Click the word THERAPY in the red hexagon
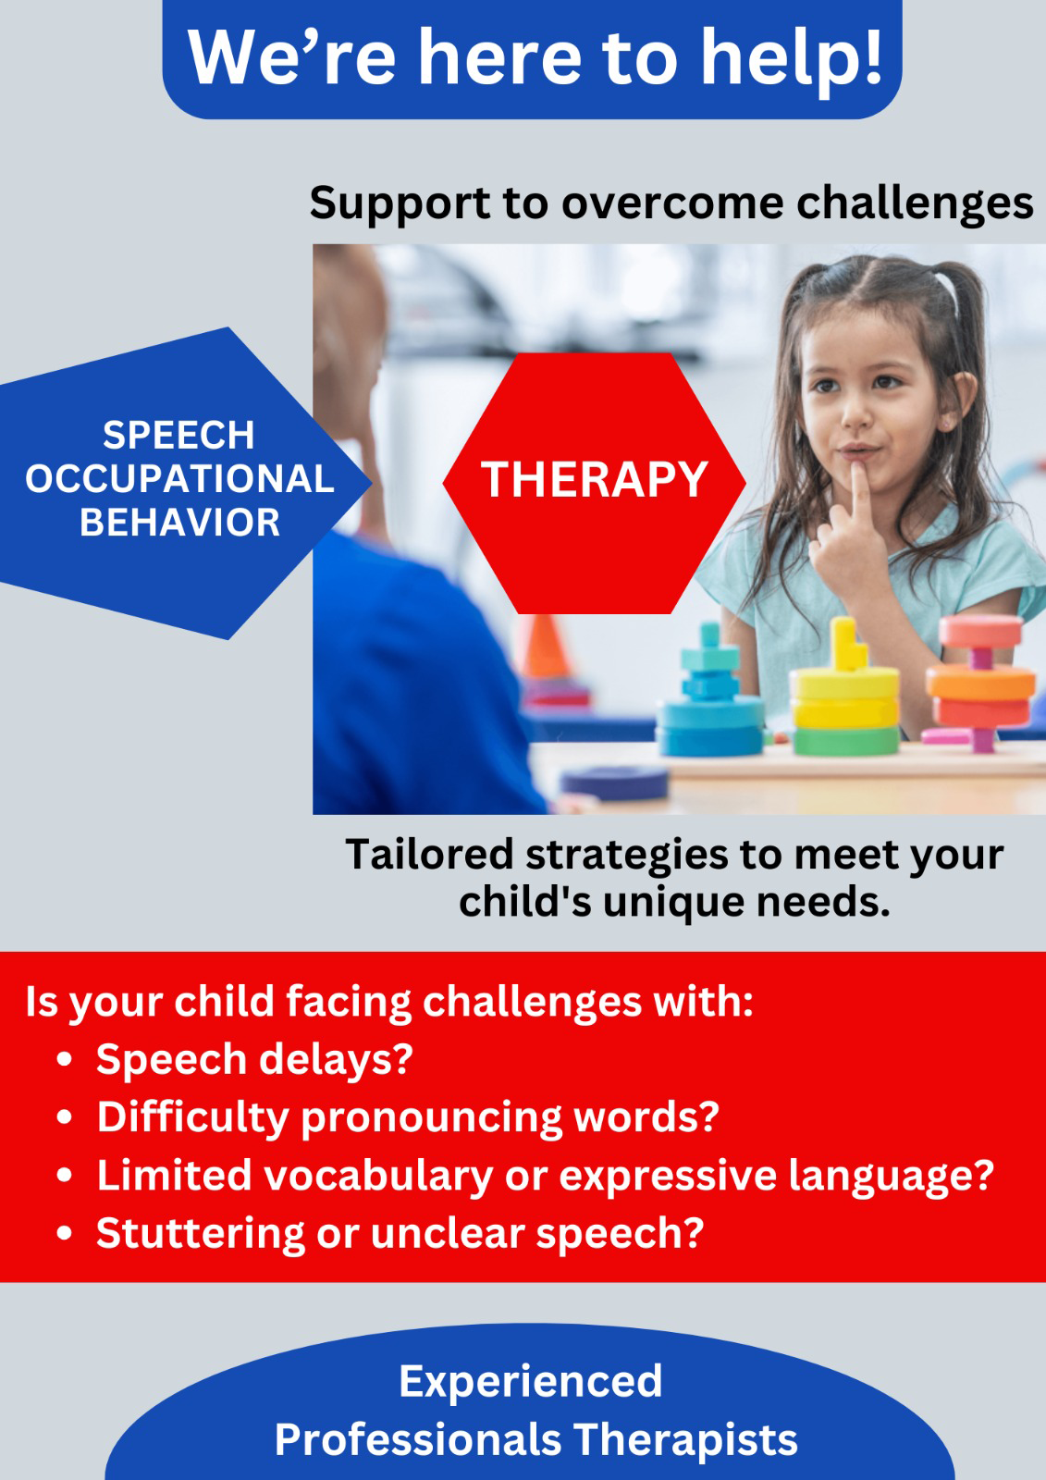pos(594,480)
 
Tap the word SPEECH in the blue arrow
pos(178,436)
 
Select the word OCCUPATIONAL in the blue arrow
pos(179,478)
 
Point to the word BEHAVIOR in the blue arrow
pos(179,522)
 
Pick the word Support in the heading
pos(400,204)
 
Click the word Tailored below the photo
pos(429,855)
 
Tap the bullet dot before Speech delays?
pos(64,1060)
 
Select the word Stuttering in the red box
pos(200,1234)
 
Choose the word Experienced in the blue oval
pos(530,1382)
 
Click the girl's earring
pos(950,422)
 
